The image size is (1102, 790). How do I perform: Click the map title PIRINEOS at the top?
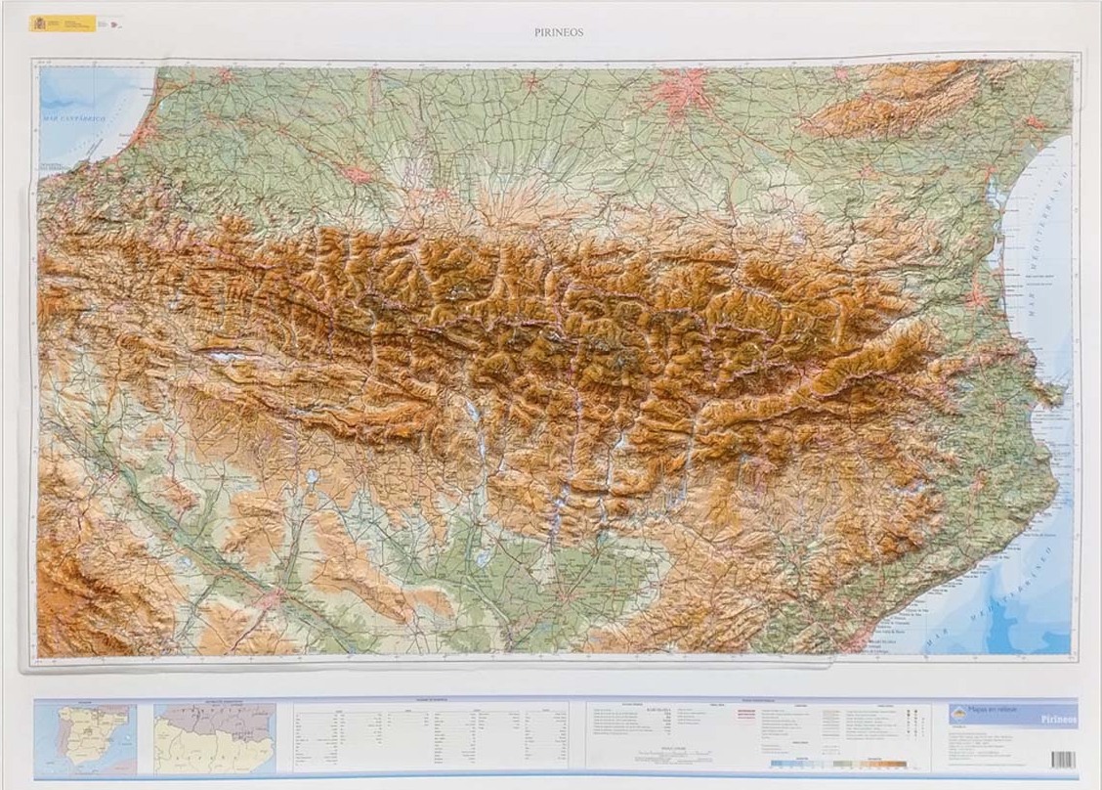pos(559,31)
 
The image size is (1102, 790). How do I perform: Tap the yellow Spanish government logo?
pos(63,22)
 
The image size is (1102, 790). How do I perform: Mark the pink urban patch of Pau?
pos(358,175)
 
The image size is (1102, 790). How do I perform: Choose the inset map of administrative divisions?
pos(214,737)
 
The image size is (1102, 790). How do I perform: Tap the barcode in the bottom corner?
pos(1063,759)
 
